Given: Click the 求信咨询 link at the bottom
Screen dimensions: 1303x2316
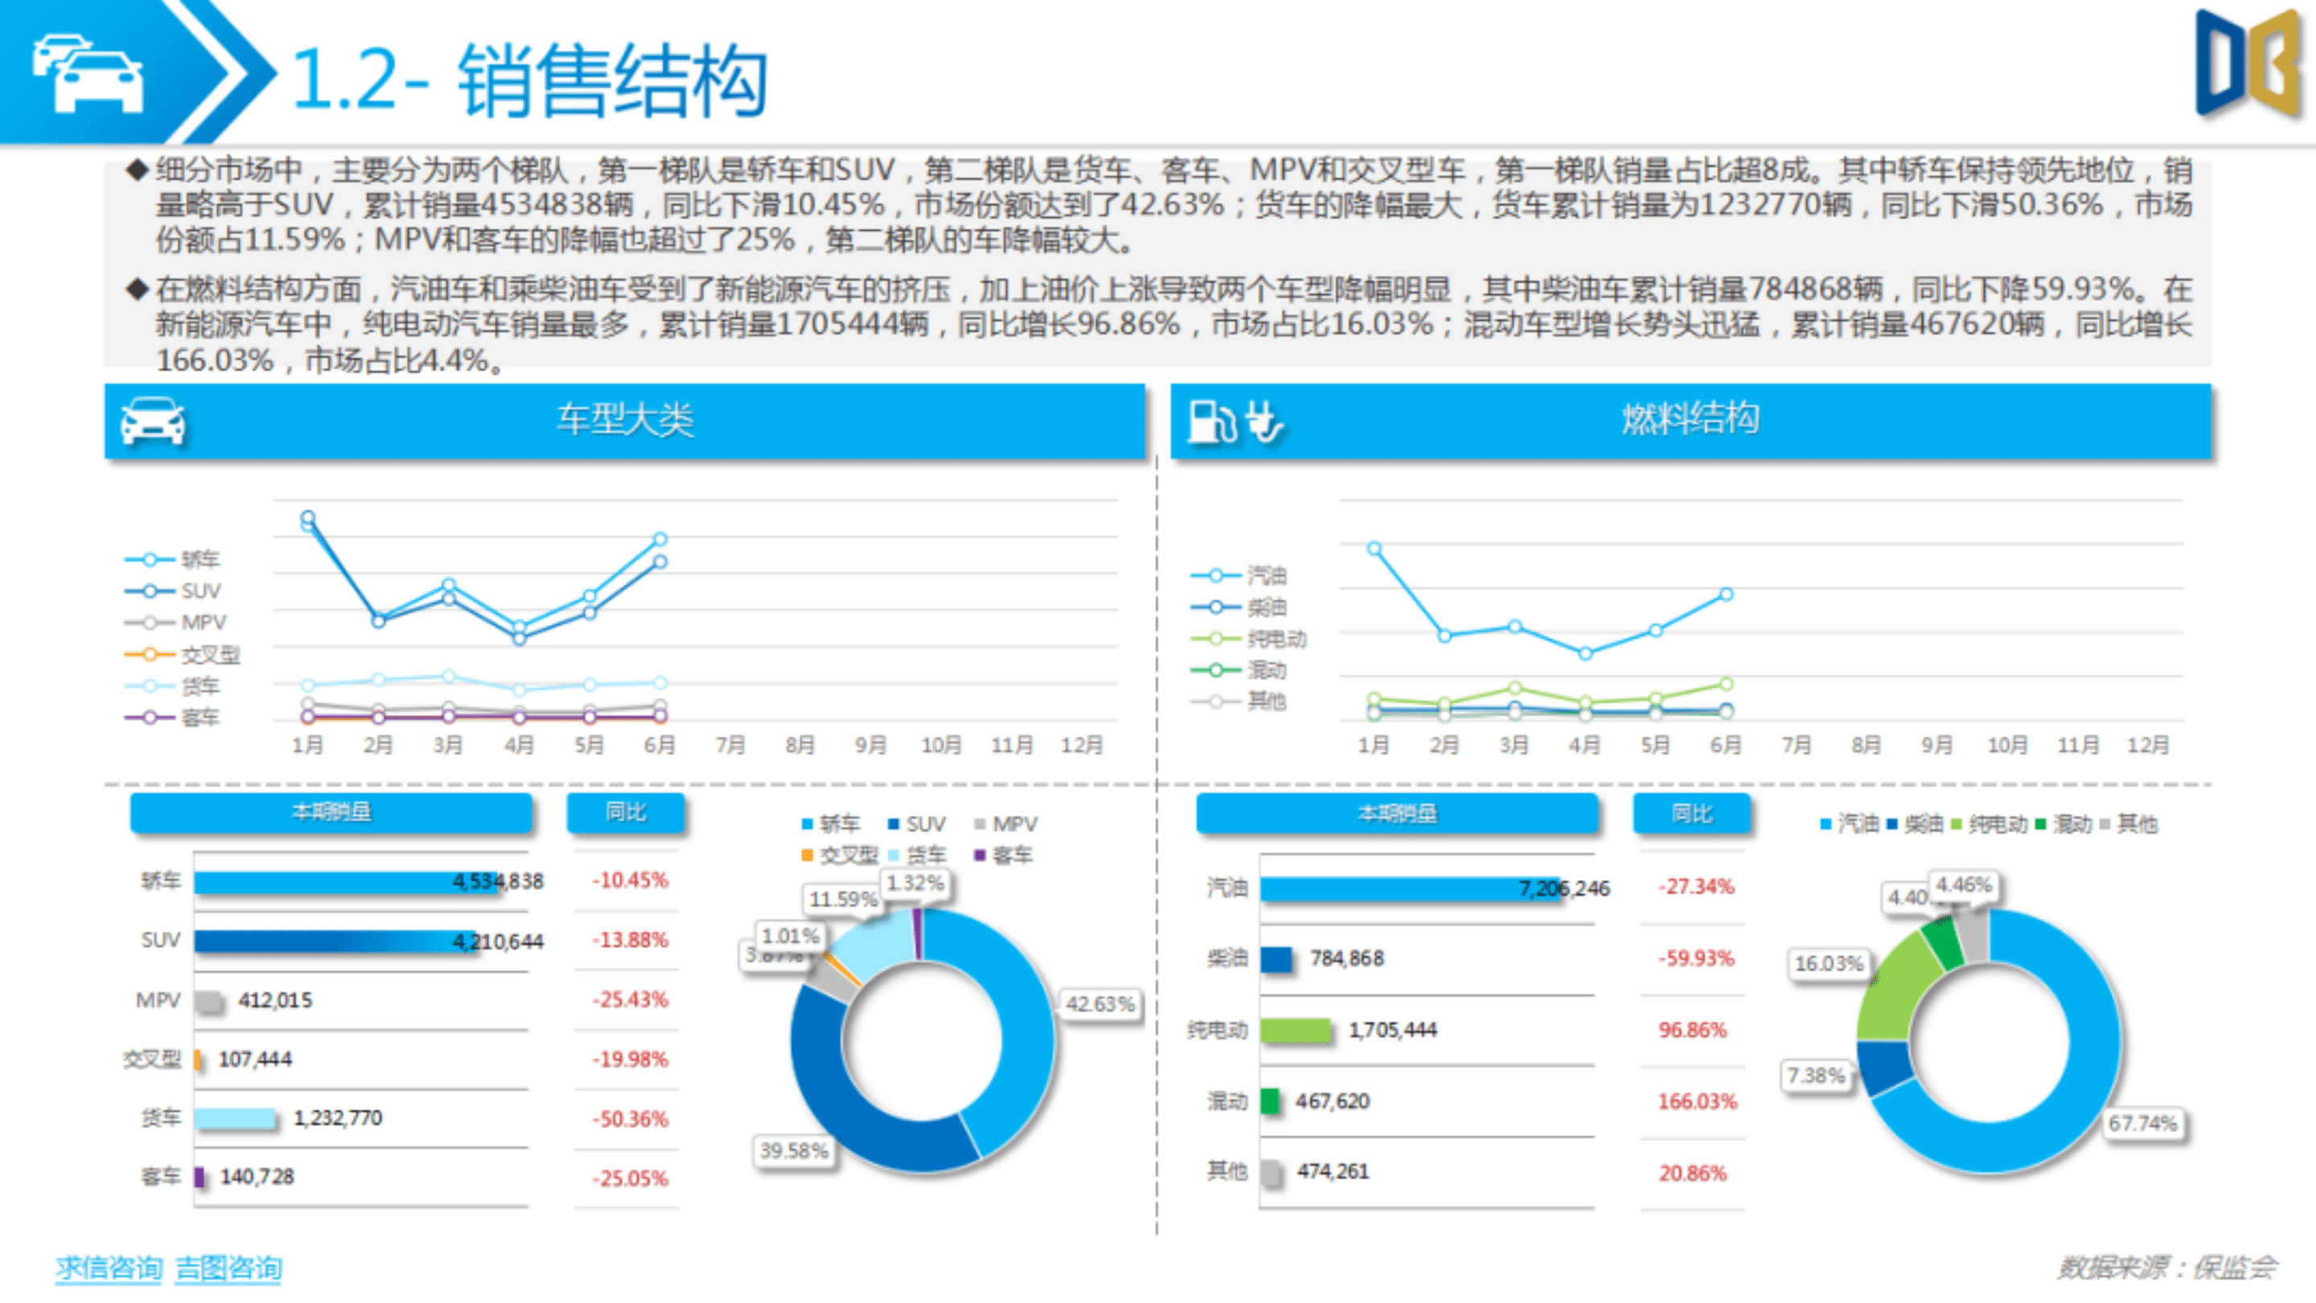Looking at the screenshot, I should point(108,1267).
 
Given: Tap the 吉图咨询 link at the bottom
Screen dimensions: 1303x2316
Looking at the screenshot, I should point(228,1267).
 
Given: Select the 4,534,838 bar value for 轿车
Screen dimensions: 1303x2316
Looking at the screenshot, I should point(497,882).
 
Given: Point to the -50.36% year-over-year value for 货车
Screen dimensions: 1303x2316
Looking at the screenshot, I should point(629,1119).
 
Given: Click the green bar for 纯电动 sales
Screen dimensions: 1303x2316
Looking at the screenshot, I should point(1294,1030).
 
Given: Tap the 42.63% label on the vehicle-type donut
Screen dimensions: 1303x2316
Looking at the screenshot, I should point(1100,1004).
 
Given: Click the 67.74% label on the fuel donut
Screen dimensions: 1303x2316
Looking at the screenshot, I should point(2141,1123).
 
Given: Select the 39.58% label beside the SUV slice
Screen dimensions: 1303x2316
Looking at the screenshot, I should point(793,1150).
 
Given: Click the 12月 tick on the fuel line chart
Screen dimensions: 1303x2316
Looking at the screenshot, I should point(2147,745).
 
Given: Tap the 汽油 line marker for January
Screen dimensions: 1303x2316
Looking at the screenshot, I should point(1374,548).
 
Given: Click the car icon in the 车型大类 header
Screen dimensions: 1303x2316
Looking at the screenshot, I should point(153,420).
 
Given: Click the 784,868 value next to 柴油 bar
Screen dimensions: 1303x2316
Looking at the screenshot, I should point(1346,958).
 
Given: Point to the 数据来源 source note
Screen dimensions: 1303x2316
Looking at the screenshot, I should point(2166,1267).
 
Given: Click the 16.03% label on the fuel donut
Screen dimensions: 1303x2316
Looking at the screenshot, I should point(1828,963).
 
